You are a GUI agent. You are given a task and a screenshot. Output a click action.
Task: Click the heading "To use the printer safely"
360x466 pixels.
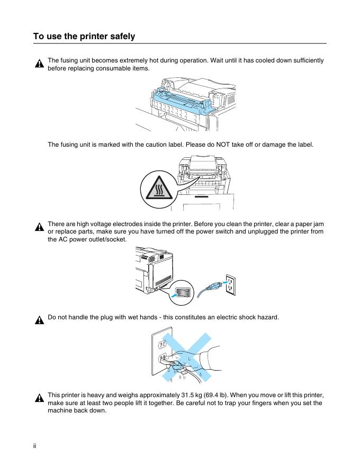click(84, 37)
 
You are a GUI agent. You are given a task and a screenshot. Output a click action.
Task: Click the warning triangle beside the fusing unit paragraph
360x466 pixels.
click(39, 64)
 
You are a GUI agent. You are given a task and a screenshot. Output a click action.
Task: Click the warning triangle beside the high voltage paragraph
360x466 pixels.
click(39, 228)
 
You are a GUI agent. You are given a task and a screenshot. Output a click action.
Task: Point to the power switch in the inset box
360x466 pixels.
click(183, 291)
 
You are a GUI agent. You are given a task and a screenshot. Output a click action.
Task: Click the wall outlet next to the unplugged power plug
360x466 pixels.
click(230, 284)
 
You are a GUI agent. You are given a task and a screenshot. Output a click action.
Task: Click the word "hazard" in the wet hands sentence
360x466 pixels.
click(266, 317)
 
